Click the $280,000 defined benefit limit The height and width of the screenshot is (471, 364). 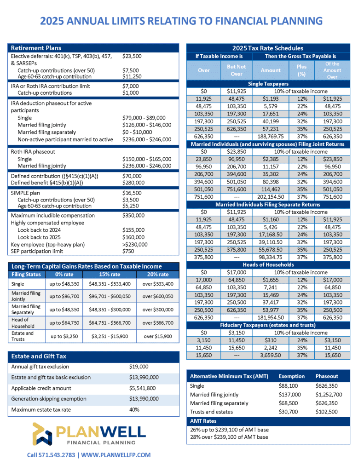point(133,183)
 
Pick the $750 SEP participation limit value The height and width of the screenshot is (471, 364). point(128,251)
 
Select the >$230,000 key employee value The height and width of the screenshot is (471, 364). point(135,244)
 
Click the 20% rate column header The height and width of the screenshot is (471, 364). point(157,274)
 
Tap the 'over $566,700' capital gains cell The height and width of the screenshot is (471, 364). point(157,322)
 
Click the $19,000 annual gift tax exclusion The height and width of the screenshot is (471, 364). point(139,367)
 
